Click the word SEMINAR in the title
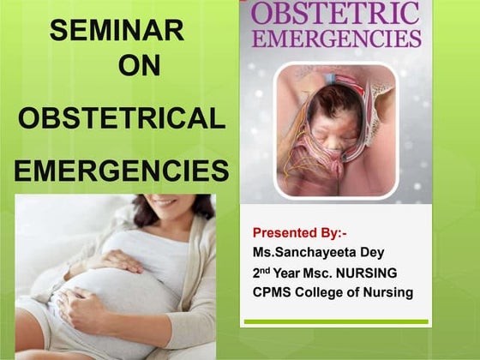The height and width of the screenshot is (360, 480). coord(117,31)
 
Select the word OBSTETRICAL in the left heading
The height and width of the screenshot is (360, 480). coord(122,118)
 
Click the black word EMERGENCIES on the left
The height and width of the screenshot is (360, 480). coord(122,170)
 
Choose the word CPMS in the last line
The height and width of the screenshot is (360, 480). coord(273,293)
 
